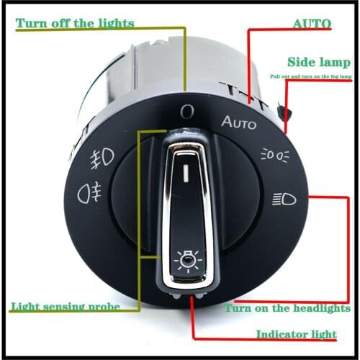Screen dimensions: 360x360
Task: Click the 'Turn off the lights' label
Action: [75, 23]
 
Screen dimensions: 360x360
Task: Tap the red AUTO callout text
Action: [312, 23]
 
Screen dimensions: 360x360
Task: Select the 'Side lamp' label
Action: [319, 62]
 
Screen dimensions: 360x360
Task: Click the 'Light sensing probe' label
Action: [65, 306]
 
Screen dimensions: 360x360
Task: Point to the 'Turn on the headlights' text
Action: [287, 308]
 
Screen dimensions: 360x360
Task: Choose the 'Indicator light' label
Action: [296, 335]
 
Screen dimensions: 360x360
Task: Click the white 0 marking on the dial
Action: [187, 111]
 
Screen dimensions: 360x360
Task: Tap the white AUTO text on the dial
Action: [238, 122]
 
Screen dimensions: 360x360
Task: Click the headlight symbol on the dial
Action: [284, 199]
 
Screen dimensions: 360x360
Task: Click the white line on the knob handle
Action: [187, 173]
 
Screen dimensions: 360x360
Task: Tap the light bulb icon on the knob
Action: [189, 260]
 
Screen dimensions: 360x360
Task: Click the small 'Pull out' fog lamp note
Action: [310, 76]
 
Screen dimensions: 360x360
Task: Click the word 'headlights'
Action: [320, 308]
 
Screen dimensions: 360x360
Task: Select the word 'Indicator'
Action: [279, 335]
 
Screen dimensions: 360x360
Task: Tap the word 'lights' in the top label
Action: [116, 23]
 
